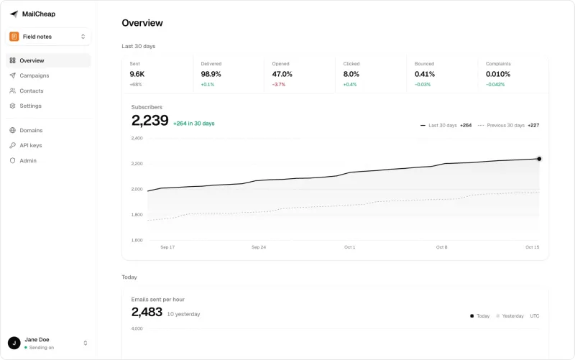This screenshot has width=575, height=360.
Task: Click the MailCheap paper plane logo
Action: point(14,14)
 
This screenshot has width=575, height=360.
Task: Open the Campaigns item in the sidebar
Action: point(34,75)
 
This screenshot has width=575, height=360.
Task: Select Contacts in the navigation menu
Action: point(31,91)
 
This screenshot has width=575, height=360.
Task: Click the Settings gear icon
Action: point(12,106)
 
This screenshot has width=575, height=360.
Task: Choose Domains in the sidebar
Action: point(31,130)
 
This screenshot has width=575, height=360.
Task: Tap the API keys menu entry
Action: point(30,145)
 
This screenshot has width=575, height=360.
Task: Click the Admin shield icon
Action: point(12,160)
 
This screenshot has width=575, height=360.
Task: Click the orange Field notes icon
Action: point(14,37)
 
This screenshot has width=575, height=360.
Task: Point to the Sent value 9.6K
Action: point(137,74)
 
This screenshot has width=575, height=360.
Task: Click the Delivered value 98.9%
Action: point(211,74)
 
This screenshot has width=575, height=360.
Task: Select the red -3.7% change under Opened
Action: point(279,84)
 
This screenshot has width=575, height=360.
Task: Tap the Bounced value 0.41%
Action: point(425,74)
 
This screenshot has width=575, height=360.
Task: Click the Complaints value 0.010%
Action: point(498,74)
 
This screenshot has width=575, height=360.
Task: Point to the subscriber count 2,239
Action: point(150,120)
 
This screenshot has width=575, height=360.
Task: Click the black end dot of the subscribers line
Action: point(539,159)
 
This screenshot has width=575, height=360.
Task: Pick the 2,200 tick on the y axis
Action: point(137,164)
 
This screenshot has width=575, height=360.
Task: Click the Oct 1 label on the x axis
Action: point(349,247)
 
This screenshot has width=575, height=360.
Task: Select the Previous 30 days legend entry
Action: point(508,125)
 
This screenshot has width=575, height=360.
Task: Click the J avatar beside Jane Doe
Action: point(14,343)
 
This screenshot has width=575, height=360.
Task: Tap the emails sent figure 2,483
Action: point(147,312)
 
